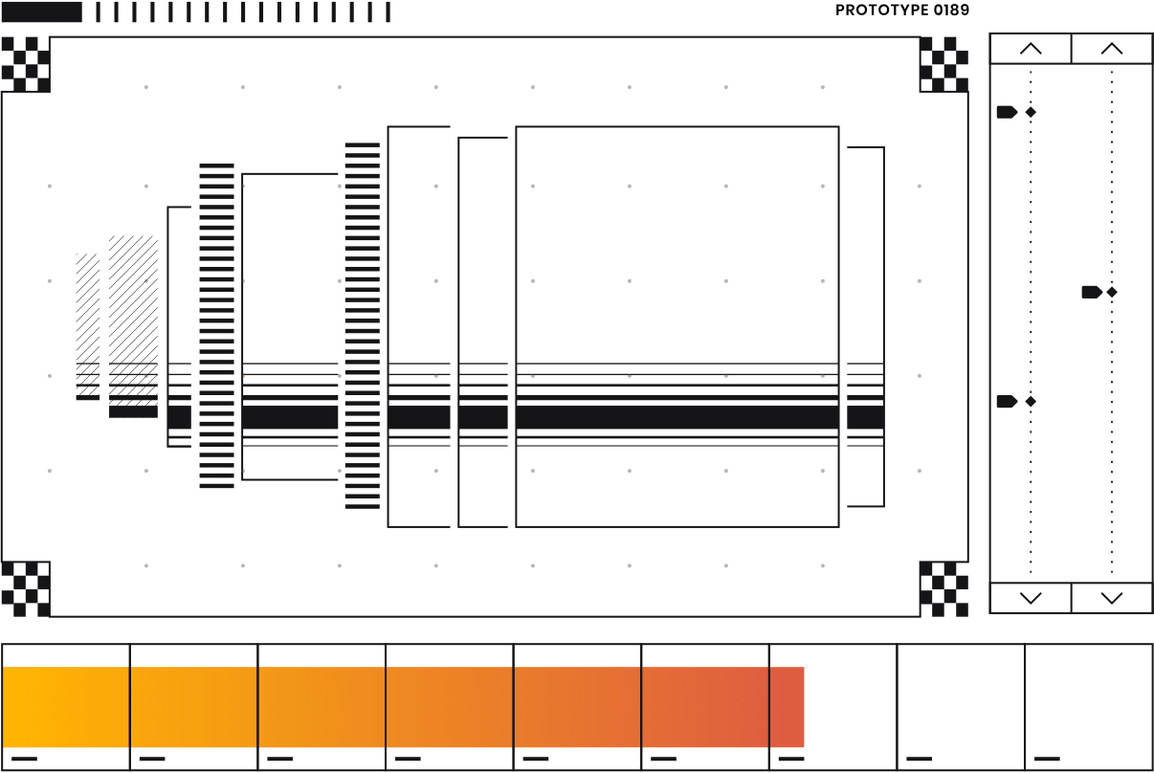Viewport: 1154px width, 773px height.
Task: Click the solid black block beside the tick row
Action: pyautogui.click(x=41, y=11)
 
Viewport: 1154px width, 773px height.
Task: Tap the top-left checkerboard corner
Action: pyautogui.click(x=25, y=63)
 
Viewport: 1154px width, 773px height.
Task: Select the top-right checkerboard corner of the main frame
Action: pyautogui.click(x=943, y=63)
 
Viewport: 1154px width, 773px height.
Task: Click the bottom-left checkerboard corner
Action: pyautogui.click(x=25, y=588)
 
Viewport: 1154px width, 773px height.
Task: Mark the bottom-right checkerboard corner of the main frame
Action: pyautogui.click(x=943, y=588)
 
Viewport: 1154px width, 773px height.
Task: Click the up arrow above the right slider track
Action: pyautogui.click(x=1111, y=49)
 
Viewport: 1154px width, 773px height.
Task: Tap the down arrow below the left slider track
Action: pyautogui.click(x=1031, y=598)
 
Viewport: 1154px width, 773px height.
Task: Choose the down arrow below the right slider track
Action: pyautogui.click(x=1111, y=598)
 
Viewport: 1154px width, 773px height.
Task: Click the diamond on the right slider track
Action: pyautogui.click(x=1112, y=292)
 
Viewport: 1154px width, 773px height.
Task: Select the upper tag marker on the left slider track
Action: pyautogui.click(x=1006, y=112)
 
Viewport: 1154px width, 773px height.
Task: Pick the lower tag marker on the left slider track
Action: pyautogui.click(x=1006, y=402)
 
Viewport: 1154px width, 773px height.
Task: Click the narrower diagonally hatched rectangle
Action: pyautogui.click(x=87, y=326)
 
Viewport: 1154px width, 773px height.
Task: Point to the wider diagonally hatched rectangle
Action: pyautogui.click(x=133, y=326)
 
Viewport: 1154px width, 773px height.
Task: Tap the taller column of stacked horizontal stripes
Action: pyautogui.click(x=362, y=325)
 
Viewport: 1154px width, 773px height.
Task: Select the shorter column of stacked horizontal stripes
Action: pyautogui.click(x=216, y=326)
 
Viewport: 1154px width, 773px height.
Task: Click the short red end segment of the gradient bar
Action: pyautogui.click(x=787, y=707)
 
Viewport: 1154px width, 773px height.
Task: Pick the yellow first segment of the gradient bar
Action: pyautogui.click(x=65, y=707)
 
